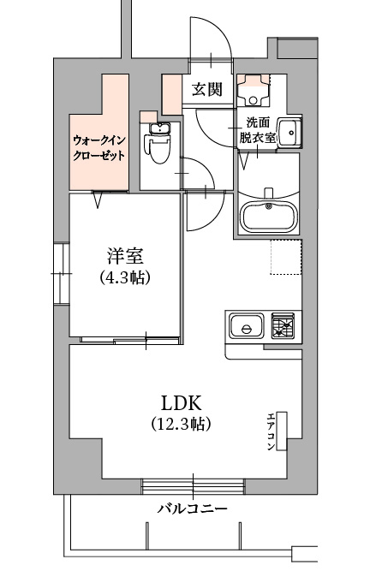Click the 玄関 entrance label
coord(206,89)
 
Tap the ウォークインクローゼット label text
coord(98,148)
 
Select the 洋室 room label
coord(124,256)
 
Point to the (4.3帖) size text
coord(125,277)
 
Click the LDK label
coord(181,402)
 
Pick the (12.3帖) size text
coord(181,423)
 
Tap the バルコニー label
coord(192,508)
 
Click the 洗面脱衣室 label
coord(257,130)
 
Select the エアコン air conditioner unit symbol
coord(282,431)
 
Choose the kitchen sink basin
coord(246,325)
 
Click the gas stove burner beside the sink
coord(283,325)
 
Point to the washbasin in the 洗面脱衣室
coord(289,133)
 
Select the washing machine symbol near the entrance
coord(254,90)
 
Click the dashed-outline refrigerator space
coord(285,258)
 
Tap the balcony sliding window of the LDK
coord(193,486)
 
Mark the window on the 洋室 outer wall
coord(62,274)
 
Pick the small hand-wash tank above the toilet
coord(159,128)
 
